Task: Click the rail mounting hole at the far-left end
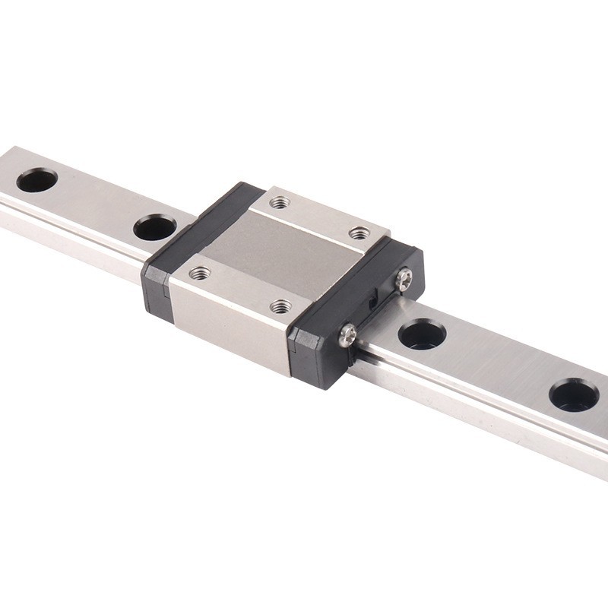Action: (36, 180)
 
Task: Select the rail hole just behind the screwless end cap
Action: (155, 227)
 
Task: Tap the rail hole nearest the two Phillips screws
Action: (422, 334)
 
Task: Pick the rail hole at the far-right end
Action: (574, 394)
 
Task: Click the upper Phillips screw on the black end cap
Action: (404, 280)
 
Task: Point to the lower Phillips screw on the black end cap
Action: (347, 333)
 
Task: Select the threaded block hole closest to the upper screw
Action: (359, 233)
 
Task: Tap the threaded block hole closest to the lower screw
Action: (280, 306)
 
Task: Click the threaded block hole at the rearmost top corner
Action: (280, 202)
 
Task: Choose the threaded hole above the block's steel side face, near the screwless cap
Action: (200, 272)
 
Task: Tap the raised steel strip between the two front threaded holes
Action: (239, 289)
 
